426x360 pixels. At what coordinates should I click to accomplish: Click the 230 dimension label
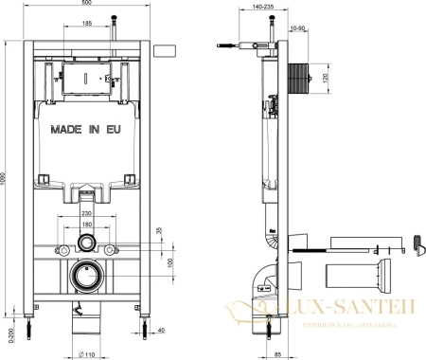click(x=86, y=213)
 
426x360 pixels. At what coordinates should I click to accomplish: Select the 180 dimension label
click(x=86, y=225)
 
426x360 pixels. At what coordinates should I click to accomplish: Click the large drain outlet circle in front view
click(x=87, y=278)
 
